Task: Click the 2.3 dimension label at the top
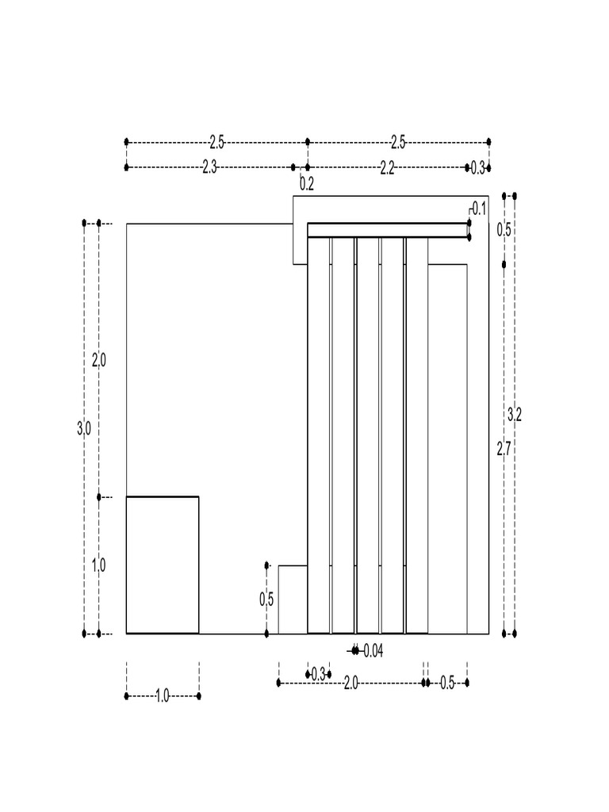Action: tap(209, 167)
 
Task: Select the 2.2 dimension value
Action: tap(387, 167)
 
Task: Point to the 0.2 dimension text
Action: tap(307, 184)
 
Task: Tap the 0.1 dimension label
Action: tap(479, 209)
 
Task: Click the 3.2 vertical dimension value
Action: tap(514, 413)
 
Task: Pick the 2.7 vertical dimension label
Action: tap(503, 449)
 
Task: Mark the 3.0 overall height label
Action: tap(83, 428)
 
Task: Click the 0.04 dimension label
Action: tap(372, 651)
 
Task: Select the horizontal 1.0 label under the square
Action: tap(162, 696)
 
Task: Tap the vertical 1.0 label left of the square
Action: tap(98, 565)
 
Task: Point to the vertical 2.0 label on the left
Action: tap(98, 360)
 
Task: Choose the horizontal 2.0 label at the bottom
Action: tap(350, 683)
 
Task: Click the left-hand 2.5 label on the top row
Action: tap(216, 142)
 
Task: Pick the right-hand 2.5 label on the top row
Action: tap(398, 142)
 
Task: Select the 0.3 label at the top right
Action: tap(478, 167)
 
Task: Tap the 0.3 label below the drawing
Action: tap(318, 675)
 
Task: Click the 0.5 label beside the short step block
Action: tap(266, 599)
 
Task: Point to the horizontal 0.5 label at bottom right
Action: tap(447, 683)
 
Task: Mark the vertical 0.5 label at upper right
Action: tap(503, 230)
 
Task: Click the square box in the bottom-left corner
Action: tap(163, 565)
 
